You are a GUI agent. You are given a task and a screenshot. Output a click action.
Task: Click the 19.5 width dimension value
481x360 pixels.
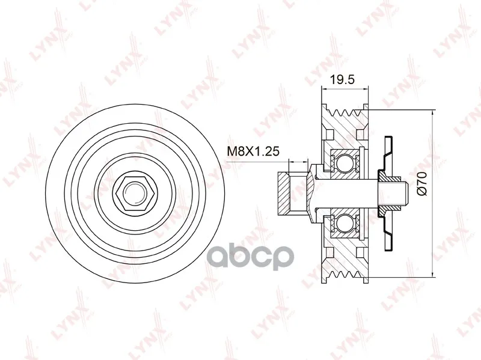(x=342, y=79)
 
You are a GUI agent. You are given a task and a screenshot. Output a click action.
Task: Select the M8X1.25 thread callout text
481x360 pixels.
(x=253, y=151)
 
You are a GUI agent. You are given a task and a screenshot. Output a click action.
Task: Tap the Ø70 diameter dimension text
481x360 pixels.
(x=423, y=183)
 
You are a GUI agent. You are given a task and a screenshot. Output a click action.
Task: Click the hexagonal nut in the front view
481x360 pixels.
(x=135, y=193)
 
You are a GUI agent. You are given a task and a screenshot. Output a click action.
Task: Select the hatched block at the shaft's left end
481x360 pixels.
(x=283, y=192)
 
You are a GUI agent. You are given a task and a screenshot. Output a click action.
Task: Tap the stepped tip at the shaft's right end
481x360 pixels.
(x=404, y=192)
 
